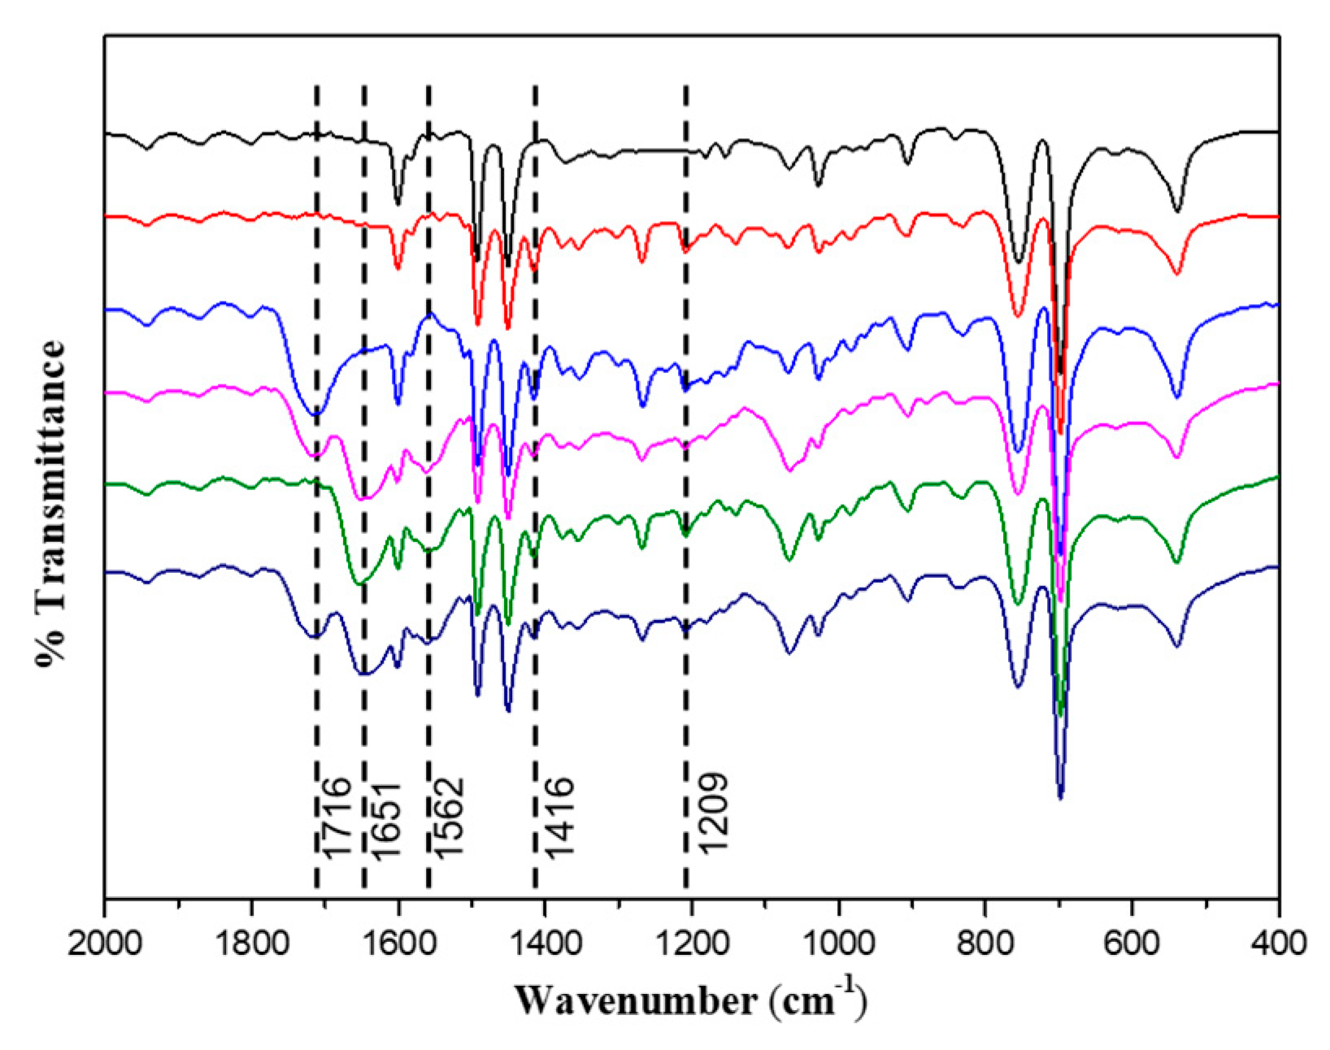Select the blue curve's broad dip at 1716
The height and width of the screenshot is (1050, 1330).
(315, 414)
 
